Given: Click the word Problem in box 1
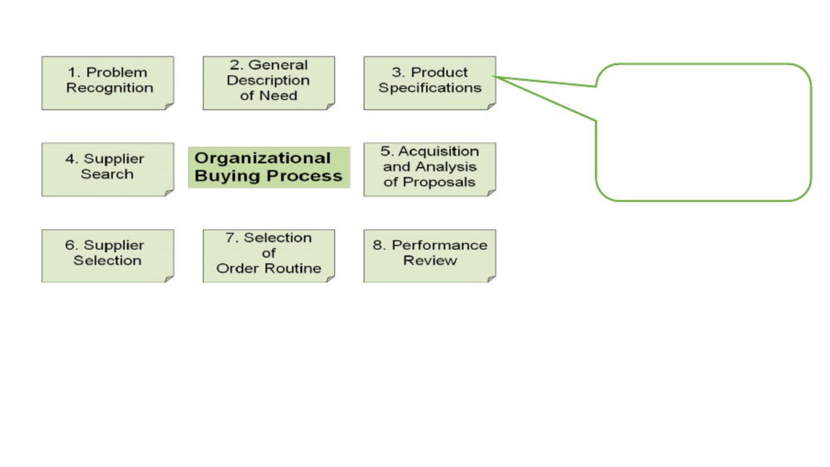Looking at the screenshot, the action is point(117,73).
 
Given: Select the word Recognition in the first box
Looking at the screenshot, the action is point(110,88).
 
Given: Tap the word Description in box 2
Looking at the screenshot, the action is point(268,81).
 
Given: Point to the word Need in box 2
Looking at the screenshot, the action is point(278,96).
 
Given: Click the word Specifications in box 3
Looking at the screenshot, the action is point(430,88).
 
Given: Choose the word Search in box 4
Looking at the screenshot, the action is point(107,174).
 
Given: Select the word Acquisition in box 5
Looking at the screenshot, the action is point(439,152).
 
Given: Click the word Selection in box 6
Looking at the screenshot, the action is point(107,260).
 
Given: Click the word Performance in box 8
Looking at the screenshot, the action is point(439,245).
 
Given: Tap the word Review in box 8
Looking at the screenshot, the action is point(430,260).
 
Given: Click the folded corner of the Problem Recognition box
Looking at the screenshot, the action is point(169,106).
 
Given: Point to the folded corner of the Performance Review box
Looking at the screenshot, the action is point(492,279).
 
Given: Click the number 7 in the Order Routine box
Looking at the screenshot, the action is point(230,238).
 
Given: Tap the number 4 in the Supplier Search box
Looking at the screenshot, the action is point(70,159).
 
